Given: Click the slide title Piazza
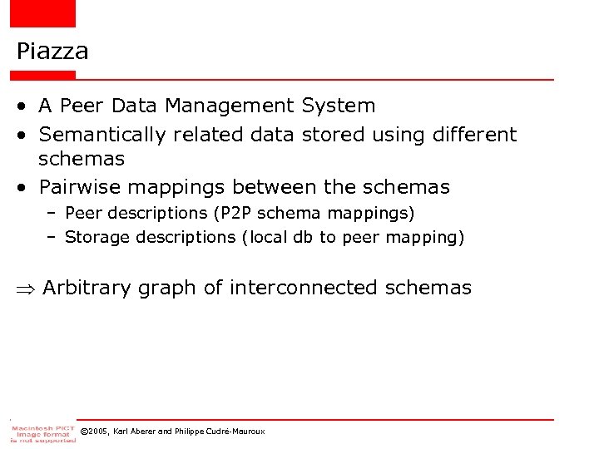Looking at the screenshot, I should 52,52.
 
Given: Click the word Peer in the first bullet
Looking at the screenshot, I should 82,106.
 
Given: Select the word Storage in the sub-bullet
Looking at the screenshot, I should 97,238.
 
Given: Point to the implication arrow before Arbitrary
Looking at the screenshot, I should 26,289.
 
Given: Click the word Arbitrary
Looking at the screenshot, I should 87,289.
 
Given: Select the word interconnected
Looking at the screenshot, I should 303,289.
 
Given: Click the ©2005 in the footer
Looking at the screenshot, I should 95,432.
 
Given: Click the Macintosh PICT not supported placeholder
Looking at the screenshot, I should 42,432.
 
